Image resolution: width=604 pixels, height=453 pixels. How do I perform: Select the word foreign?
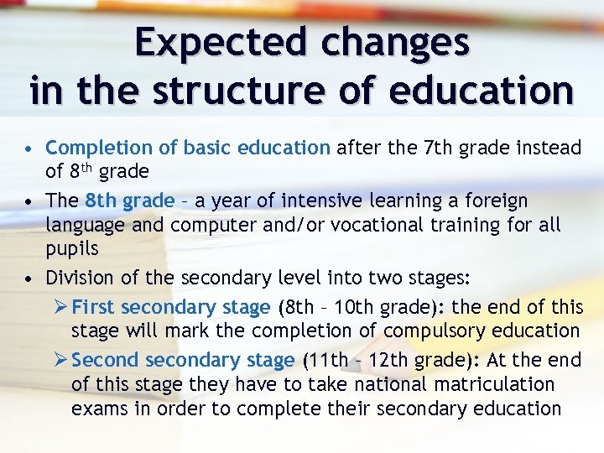(497, 201)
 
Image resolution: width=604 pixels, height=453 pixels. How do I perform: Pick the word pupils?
(72, 249)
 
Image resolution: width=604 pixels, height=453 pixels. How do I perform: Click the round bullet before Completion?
(29, 149)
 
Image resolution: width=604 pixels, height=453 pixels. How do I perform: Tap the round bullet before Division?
(29, 279)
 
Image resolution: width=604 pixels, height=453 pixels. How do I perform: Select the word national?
(394, 384)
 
